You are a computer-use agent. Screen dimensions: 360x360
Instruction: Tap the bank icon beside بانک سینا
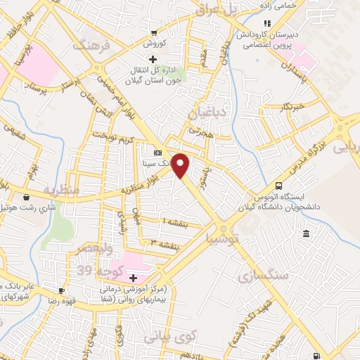tap(157, 153)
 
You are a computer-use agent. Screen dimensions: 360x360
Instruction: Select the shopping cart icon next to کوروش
tap(153, 33)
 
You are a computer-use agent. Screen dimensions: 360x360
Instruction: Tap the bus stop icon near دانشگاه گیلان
tap(279, 186)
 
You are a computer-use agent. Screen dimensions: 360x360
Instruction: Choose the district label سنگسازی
tap(269, 274)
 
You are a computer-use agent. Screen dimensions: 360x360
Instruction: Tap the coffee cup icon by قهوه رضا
tap(61, 290)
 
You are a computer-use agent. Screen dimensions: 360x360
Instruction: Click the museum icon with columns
tap(306, 233)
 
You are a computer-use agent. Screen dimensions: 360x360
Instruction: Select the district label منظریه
tap(58, 191)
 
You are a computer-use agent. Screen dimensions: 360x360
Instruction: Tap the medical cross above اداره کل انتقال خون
tap(153, 58)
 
